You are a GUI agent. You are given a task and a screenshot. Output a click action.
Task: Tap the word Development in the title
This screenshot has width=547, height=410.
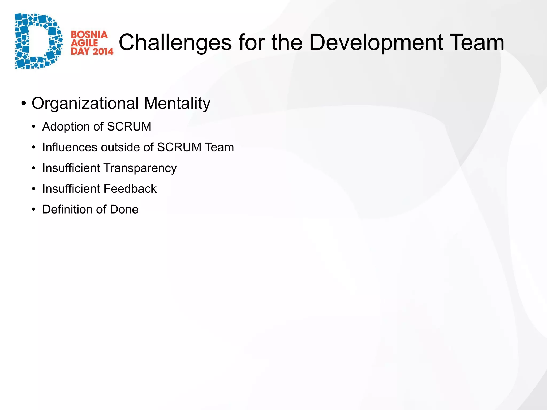pos(376,43)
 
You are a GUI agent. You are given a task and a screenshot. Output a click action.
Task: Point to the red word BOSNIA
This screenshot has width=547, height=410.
pos(89,35)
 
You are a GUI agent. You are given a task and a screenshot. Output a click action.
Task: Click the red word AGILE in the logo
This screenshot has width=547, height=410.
pos(84,43)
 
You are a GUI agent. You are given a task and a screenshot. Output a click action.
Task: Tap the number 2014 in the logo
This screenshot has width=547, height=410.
pos(103,51)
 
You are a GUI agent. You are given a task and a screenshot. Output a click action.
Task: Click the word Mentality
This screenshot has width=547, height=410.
pos(177,104)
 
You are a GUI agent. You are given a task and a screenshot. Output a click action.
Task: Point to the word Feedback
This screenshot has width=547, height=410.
pos(130,189)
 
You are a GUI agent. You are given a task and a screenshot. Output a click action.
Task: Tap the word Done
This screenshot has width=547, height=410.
pos(124,210)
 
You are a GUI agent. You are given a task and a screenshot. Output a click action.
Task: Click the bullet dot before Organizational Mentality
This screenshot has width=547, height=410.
pos(24,103)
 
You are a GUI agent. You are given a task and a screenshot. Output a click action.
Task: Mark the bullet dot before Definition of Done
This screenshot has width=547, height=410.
pos(34,210)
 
